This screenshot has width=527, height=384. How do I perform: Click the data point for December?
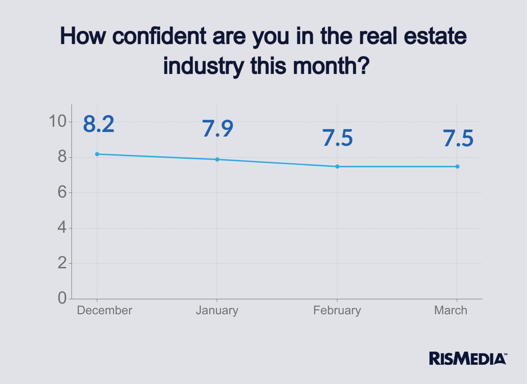tap(97, 154)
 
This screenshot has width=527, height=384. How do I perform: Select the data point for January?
tap(217, 159)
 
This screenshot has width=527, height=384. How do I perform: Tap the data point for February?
tap(337, 167)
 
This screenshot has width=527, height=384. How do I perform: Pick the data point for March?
tap(457, 167)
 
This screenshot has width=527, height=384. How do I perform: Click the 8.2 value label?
tap(99, 124)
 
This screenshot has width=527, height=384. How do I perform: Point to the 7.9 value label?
tap(218, 128)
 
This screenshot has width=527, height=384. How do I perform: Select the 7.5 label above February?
tap(338, 138)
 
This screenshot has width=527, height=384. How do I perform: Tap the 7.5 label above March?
tap(458, 138)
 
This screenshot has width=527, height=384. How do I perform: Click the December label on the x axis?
tap(105, 310)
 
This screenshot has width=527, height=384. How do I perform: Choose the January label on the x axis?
tap(217, 310)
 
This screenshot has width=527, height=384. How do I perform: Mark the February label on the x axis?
tap(337, 310)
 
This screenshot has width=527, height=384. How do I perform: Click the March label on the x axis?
tap(451, 310)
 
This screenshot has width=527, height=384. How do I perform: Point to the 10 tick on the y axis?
tap(57, 121)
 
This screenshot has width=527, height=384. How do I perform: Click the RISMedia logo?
tap(468, 359)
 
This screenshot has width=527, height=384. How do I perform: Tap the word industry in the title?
tap(203, 66)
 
